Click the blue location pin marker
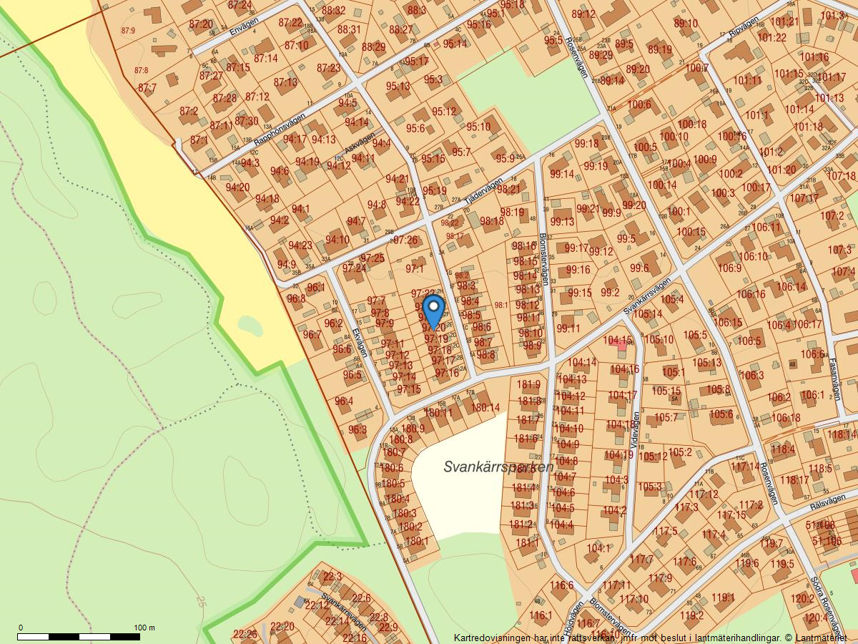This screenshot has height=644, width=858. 433,311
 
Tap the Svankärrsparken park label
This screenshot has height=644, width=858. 498,467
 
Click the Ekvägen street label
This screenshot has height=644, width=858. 359,342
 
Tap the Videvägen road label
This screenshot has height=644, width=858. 636,430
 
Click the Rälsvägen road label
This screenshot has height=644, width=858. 827,504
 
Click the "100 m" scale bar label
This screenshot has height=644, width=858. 145,628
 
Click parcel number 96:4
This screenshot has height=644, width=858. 344,401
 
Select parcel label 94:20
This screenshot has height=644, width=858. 237,187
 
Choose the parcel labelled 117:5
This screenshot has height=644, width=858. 665,531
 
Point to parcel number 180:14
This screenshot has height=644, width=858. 485,408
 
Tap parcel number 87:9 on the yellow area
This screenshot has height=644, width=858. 129,31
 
